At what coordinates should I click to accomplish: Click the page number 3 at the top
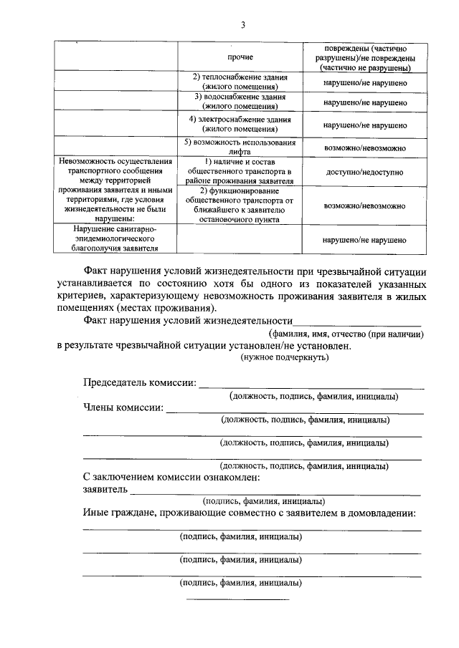pyautogui.click(x=242, y=26)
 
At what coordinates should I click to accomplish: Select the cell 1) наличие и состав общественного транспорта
pyautogui.click(x=240, y=172)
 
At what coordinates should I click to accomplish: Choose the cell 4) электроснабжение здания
pyautogui.click(x=240, y=124)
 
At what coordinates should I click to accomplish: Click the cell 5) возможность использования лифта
pyautogui.click(x=240, y=148)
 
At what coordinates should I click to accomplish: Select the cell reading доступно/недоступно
pyautogui.click(x=364, y=173)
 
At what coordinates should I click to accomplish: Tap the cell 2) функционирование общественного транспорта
pyautogui.click(x=240, y=205)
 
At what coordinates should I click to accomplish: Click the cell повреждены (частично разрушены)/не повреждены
pyautogui.click(x=364, y=57)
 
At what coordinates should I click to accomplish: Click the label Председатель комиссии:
pyautogui.click(x=139, y=384)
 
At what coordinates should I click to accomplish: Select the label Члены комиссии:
pyautogui.click(x=123, y=408)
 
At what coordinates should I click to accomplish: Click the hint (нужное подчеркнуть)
pyautogui.click(x=285, y=357)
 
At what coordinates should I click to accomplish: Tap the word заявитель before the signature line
pyautogui.click(x=105, y=490)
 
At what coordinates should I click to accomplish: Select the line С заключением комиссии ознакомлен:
pyautogui.click(x=171, y=477)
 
